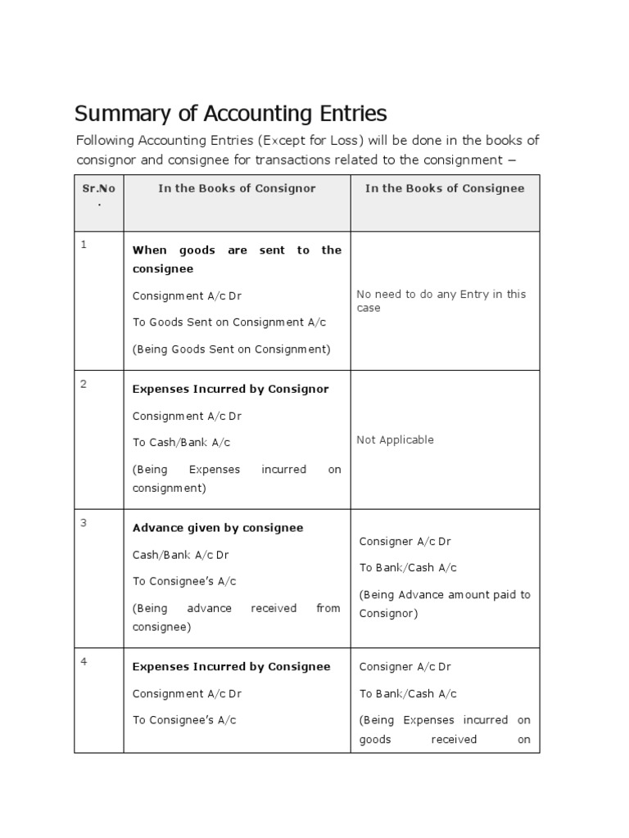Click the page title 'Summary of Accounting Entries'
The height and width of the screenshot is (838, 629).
230,113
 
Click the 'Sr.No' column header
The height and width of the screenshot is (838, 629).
99,189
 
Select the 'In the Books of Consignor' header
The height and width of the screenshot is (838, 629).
237,188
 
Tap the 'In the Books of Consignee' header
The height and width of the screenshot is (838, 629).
445,188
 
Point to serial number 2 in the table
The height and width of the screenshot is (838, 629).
84,384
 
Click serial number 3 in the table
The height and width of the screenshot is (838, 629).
84,523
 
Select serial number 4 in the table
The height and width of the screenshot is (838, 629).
84,661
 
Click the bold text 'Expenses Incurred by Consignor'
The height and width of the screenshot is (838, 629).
230,389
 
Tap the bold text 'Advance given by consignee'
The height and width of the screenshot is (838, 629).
218,528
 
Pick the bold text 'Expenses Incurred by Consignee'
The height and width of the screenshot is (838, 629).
231,666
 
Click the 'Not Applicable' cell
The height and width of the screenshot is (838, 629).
395,439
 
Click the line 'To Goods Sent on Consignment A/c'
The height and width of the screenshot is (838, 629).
229,322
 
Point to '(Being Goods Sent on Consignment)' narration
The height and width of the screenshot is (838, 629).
231,349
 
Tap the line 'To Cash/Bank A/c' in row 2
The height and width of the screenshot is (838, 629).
181,443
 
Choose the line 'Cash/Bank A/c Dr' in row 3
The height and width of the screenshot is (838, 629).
180,555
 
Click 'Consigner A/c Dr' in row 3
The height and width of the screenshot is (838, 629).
405,541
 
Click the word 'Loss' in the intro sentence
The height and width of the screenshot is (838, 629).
345,140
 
